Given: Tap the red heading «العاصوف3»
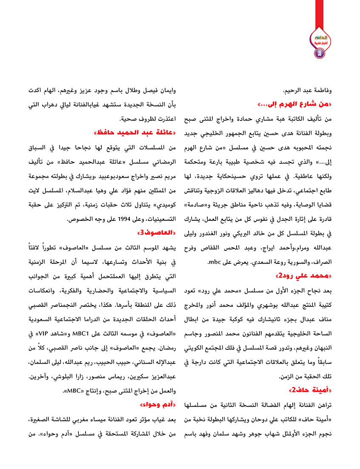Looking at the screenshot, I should (157, 233).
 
